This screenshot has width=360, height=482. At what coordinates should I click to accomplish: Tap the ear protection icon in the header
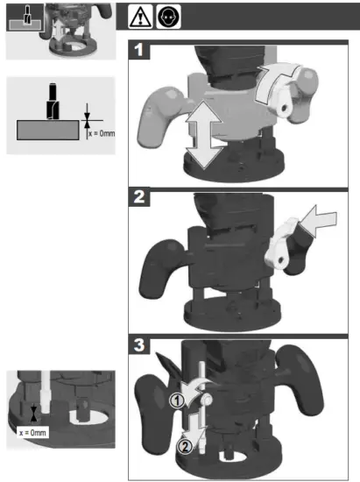166,16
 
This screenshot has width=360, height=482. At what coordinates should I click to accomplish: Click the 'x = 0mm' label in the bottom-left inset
32,431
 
